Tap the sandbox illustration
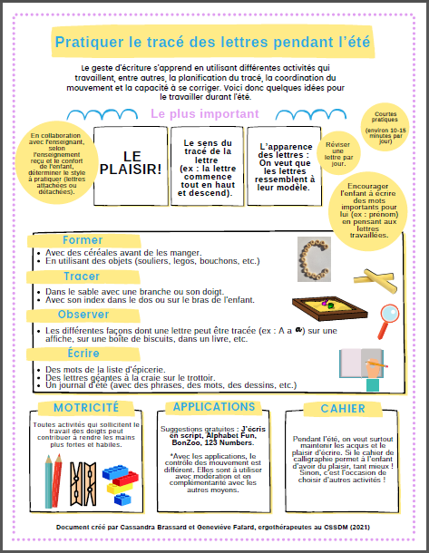pyautogui.click(x=329, y=308)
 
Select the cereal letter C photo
pyautogui.click(x=314, y=259)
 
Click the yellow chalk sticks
pyautogui.click(x=375, y=280)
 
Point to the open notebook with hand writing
pyautogui.click(x=363, y=369)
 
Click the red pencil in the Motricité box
pyautogui.click(x=56, y=480)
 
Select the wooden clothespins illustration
pyautogui.click(x=83, y=484)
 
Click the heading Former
pyautogui.click(x=83, y=240)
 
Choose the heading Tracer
pyautogui.click(x=82, y=276)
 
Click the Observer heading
pyautogui.click(x=83, y=315)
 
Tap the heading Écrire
pyautogui.click(x=83, y=353)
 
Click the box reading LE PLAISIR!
pyautogui.click(x=131, y=166)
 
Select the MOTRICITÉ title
pyautogui.click(x=86, y=408)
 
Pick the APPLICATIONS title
pyautogui.click(x=214, y=407)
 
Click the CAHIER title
pyautogui.click(x=343, y=408)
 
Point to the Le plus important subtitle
pyautogui.click(x=205, y=114)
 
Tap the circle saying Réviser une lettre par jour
pyautogui.click(x=338, y=153)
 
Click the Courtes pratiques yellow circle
pyautogui.click(x=385, y=127)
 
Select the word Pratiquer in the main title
pyautogui.click(x=89, y=43)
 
